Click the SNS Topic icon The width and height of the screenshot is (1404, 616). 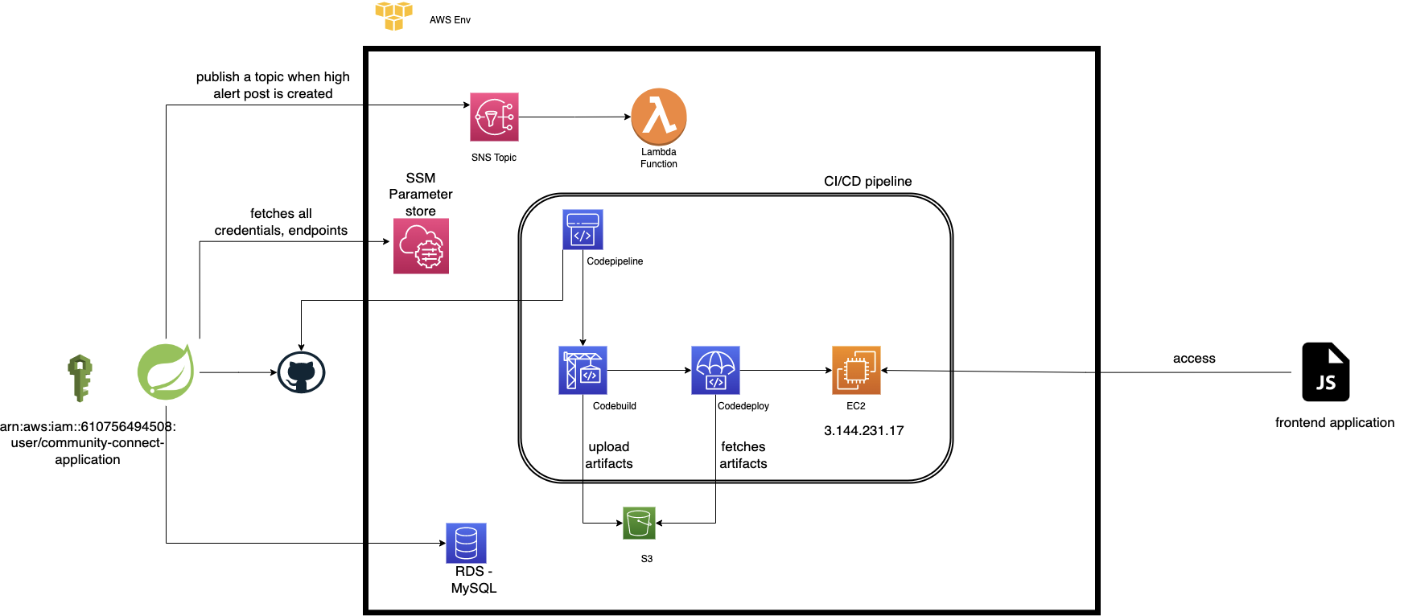pyautogui.click(x=494, y=117)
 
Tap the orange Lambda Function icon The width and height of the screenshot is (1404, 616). pyautogui.click(x=658, y=117)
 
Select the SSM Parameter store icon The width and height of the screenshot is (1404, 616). pyautogui.click(x=421, y=246)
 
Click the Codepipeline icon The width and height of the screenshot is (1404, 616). pyautogui.click(x=583, y=229)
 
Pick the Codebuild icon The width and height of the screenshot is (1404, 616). pyautogui.click(x=583, y=370)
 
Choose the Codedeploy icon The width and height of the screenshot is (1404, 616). pyautogui.click(x=715, y=370)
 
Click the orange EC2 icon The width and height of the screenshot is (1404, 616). pyautogui.click(x=856, y=370)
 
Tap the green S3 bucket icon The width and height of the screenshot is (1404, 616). pyautogui.click(x=639, y=523)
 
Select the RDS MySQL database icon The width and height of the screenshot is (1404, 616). pyautogui.click(x=467, y=543)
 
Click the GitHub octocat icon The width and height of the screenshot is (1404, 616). pyautogui.click(x=301, y=372)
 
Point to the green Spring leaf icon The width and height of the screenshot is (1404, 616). pyautogui.click(x=166, y=372)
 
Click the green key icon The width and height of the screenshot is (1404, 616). pyautogui.click(x=80, y=378)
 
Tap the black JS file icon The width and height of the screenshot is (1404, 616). pyautogui.click(x=1325, y=372)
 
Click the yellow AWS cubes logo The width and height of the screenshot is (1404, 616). pyautogui.click(x=393, y=14)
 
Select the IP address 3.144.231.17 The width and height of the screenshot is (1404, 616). pyautogui.click(x=863, y=431)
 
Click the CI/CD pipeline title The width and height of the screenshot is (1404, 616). pyautogui.click(x=867, y=182)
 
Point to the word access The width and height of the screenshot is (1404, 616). pyautogui.click(x=1194, y=359)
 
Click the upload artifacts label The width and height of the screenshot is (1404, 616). pyautogui.click(x=608, y=455)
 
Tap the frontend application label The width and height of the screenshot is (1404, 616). pyautogui.click(x=1334, y=423)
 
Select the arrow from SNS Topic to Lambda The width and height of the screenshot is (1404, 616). pyautogui.click(x=574, y=117)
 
